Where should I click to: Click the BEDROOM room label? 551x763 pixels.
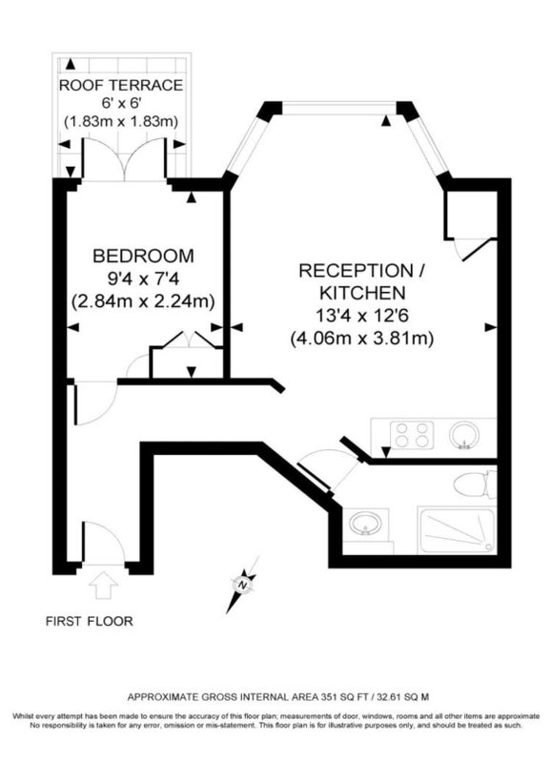click(143, 256)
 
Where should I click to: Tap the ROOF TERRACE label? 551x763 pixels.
click(121, 85)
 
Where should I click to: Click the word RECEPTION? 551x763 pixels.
click(356, 271)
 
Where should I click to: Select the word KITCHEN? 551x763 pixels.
click(362, 293)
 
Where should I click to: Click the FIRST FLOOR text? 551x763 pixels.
click(89, 621)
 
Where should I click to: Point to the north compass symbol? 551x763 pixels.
click(242, 585)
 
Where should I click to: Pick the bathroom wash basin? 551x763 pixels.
click(366, 523)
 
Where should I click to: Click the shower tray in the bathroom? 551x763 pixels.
click(457, 529)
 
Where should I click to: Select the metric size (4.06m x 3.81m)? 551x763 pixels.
click(362, 338)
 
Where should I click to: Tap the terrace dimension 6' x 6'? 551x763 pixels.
click(121, 103)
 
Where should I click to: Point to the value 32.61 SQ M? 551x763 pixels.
click(401, 697)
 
